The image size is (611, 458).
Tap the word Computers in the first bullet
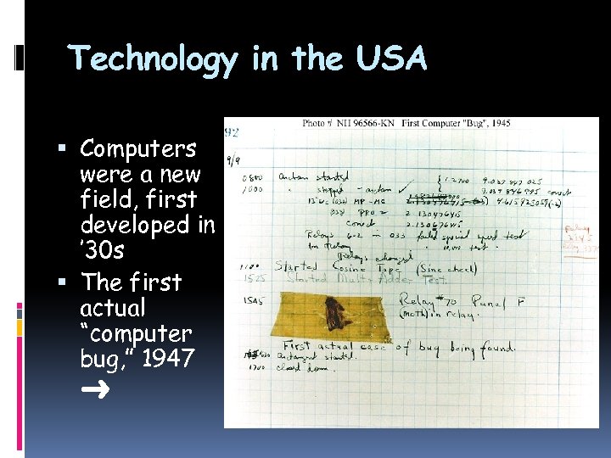[137, 149]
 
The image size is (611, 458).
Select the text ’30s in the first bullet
[104, 252]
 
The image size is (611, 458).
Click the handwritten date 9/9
[233, 159]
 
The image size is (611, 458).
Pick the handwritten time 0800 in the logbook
[252, 178]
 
